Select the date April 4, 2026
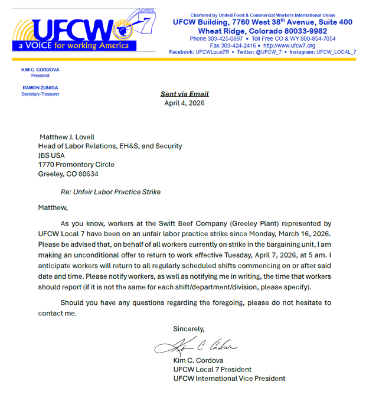(184, 103)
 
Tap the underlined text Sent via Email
(184, 94)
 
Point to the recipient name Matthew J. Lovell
(67, 137)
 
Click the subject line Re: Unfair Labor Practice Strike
(110, 192)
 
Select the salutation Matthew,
(53, 207)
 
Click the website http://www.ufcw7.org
(289, 45)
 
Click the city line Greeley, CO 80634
(68, 174)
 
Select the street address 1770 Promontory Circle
(76, 165)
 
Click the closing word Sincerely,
(188, 328)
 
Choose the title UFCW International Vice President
(229, 379)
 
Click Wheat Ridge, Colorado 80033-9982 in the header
(262, 31)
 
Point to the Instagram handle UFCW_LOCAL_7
(336, 52)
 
